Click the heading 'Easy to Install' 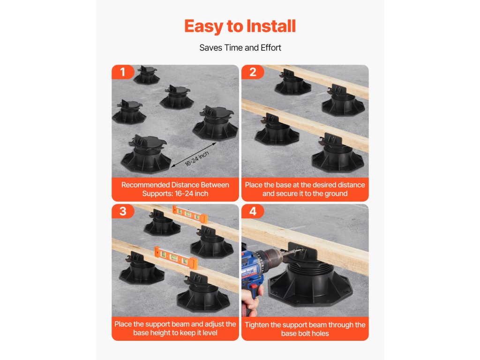point(240,26)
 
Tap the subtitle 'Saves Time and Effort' point(240,48)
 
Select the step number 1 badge point(123,72)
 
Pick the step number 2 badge point(253,72)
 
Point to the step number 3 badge point(123,211)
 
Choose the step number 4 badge point(253,211)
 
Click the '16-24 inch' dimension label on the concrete point(197,158)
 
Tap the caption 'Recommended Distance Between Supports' point(175,189)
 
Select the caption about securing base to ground point(305,189)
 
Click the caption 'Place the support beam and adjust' point(175,329)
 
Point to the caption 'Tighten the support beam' point(305,329)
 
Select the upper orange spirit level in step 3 point(190,214)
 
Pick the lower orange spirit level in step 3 point(176,257)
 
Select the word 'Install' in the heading point(271,26)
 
